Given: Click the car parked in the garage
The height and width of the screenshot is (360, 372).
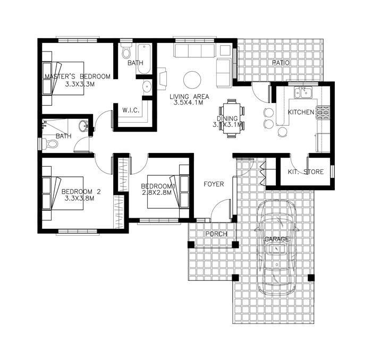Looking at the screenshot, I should coord(276,248).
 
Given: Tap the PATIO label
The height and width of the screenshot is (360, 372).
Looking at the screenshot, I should coord(281,63).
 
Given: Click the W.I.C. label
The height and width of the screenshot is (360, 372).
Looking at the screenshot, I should coord(131,110).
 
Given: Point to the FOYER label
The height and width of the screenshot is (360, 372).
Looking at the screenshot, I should coord(214,184).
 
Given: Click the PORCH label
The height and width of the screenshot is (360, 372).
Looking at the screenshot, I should coord(216,234).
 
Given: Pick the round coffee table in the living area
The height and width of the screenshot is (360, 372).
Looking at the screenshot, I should coord(192,80).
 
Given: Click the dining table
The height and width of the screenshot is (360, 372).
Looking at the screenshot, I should coord(232,118).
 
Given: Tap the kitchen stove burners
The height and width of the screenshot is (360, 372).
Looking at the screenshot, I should coord(323,112).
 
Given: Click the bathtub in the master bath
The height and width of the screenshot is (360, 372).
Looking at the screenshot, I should coord(144,58).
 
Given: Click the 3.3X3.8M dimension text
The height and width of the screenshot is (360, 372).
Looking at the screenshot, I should coord(79,199).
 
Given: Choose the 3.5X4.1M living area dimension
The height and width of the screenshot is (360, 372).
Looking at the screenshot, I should coord(189,104).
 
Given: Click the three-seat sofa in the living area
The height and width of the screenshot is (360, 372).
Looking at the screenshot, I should coord(194,51).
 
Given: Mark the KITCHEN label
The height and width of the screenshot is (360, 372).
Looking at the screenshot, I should coord(301,113).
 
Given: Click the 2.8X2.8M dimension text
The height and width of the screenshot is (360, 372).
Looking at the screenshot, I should coord(156,193).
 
